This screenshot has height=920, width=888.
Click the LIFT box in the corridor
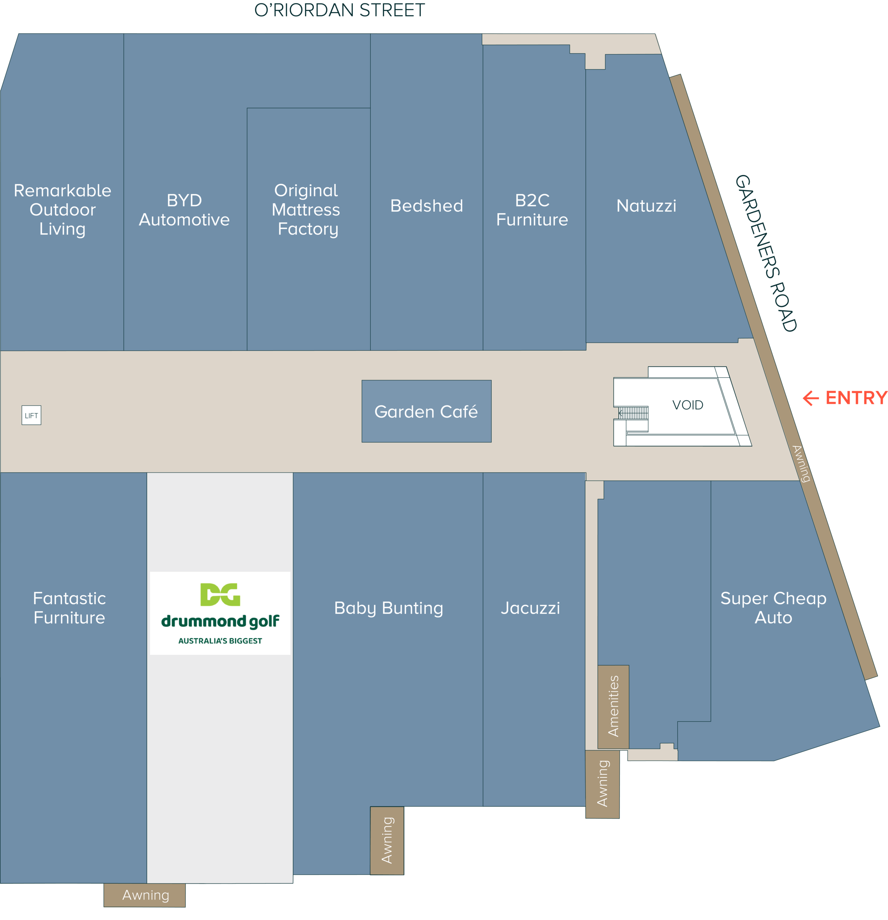tap(32, 415)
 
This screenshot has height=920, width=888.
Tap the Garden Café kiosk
tap(426, 411)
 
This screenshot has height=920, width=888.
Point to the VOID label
tap(687, 405)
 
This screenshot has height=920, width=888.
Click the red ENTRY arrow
tap(811, 398)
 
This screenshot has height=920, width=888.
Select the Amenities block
tap(613, 707)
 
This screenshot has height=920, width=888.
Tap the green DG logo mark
tap(220, 594)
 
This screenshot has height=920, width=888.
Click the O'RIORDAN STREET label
tap(339, 10)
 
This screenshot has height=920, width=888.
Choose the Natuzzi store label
tap(646, 206)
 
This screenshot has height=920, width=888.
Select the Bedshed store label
tap(427, 206)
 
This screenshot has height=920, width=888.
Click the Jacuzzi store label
tap(530, 608)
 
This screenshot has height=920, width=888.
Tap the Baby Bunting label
tap(388, 608)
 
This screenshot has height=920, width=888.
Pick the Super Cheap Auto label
tap(773, 608)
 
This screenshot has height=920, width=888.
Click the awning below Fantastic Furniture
tap(144, 895)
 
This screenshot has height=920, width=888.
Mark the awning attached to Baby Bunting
tap(387, 841)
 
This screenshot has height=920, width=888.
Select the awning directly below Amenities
tap(602, 784)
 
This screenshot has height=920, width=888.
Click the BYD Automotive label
tap(184, 210)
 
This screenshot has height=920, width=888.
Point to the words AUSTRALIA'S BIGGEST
tap(220, 641)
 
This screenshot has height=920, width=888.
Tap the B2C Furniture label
tap(532, 210)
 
